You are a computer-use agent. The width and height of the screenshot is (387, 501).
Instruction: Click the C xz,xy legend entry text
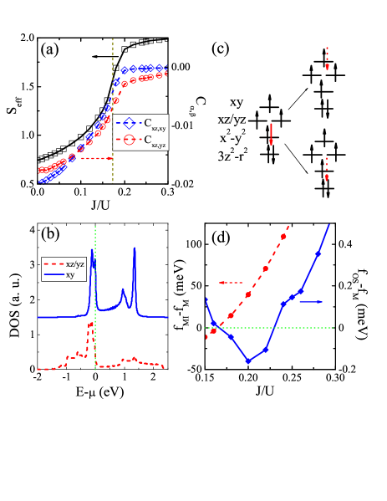(155, 124)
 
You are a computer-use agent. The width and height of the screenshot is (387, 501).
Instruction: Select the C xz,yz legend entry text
(155, 141)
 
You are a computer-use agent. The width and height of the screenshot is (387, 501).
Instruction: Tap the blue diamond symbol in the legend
(129, 123)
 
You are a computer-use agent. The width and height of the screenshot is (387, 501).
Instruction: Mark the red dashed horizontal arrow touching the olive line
(95, 158)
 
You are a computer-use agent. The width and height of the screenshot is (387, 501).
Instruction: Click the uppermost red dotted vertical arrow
(327, 59)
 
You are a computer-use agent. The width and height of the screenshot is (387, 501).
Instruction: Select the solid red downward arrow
(271, 134)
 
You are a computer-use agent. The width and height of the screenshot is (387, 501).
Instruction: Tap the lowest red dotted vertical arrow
(327, 169)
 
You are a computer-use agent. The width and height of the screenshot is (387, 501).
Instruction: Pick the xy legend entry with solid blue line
(70, 274)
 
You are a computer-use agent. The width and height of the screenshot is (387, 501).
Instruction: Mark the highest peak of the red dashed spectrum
(90, 327)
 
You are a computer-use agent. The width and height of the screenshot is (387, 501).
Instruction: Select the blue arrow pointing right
(311, 301)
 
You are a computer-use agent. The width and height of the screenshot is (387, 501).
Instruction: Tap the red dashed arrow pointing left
(230, 283)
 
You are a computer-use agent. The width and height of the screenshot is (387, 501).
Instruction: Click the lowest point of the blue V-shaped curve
(248, 361)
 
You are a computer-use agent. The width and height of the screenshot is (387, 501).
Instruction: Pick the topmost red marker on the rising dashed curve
(283, 237)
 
